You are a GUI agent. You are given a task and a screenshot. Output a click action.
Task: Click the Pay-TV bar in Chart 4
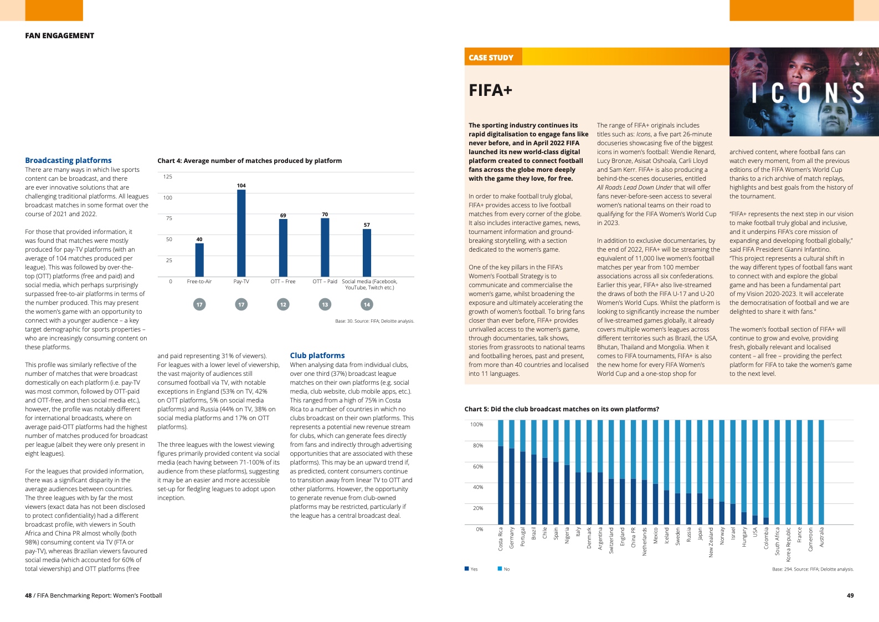pos(241,233)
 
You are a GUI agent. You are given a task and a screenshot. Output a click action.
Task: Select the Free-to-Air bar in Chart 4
pos(199,260)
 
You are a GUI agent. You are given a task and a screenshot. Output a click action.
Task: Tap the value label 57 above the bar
pos(367,225)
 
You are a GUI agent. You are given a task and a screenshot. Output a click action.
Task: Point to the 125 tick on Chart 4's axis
pos(168,177)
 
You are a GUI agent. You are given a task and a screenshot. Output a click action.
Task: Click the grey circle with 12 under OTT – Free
pos(283,304)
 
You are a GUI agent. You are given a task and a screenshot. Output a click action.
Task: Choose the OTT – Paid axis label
pos(325,282)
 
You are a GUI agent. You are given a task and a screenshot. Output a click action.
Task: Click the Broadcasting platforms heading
pos(68,160)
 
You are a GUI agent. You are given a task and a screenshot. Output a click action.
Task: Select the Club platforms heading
pos(317,355)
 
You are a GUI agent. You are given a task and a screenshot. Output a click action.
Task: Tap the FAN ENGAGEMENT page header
pos(59,35)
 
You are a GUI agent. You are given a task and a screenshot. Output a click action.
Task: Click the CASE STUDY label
pos(491,58)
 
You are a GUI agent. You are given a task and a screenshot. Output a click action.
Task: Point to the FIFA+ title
pos(490,90)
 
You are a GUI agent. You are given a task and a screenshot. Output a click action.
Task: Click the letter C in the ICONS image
pos(777,93)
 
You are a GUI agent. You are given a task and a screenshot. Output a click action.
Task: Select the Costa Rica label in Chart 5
pos(501,538)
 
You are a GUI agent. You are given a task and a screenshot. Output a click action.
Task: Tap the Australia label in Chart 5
pos(821,537)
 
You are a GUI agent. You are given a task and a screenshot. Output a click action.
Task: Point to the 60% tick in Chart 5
pos(477,467)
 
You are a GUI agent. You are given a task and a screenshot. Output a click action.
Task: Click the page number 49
pos(850,595)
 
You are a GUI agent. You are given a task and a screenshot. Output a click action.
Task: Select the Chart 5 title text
pos(562,409)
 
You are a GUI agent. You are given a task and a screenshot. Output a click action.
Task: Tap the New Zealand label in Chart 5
pos(711,542)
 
